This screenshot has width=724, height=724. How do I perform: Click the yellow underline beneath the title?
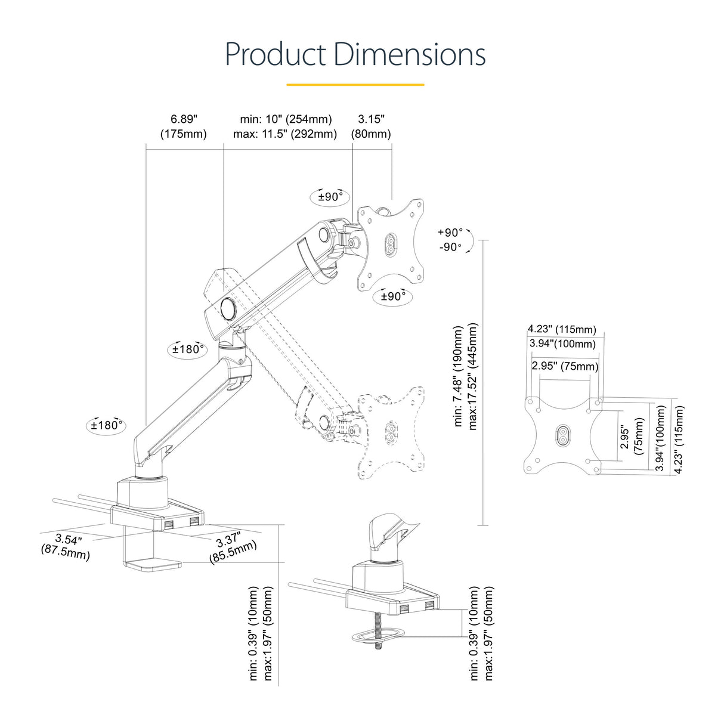355,85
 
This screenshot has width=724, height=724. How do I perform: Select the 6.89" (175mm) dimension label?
183,126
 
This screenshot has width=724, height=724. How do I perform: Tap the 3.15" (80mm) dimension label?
370,126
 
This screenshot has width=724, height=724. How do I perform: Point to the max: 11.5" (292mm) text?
284,134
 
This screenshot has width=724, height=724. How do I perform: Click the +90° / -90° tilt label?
450,240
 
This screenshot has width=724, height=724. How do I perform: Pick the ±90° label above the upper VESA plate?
330,196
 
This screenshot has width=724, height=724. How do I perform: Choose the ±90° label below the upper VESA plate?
393,296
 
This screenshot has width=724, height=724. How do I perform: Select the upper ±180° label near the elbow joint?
188,349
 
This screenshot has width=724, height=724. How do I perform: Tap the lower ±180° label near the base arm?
107,425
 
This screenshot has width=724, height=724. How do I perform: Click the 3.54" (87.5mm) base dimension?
66,547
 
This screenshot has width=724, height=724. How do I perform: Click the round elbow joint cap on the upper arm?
228,309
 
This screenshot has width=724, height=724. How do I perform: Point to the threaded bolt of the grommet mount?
377,632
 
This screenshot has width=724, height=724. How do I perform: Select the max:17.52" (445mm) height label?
473,376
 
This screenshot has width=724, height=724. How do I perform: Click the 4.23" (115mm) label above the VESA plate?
561,329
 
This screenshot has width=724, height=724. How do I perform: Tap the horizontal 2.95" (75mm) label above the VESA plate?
564,366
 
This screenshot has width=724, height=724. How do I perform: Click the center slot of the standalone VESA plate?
562,434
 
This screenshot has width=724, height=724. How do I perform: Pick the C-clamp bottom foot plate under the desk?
152,563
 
